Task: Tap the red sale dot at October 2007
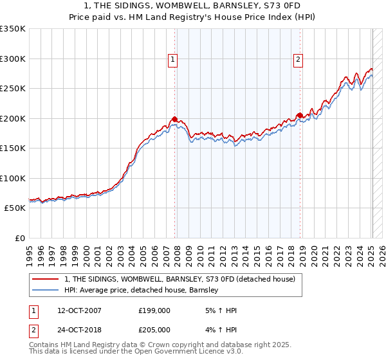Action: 174,119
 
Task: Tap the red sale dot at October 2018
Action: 300,116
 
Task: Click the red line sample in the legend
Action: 45,279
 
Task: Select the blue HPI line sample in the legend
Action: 45,291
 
